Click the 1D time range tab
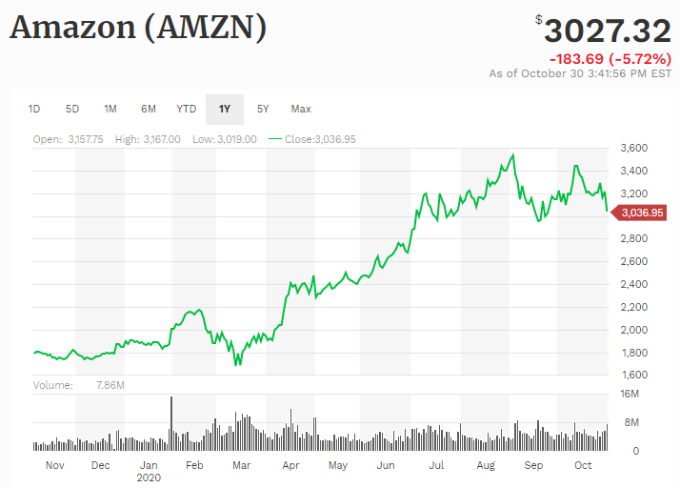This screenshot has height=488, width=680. coord(34,109)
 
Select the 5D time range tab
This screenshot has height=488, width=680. coord(72,109)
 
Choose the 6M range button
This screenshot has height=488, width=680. coord(149,109)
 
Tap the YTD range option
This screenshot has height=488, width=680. coord(187,109)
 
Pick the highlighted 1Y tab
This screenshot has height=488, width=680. coord(225,109)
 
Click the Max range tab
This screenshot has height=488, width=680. coord(301,109)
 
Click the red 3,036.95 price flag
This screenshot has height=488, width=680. coord(641,213)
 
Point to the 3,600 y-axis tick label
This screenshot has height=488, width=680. coord(634,148)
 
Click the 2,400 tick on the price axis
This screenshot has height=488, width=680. coord(634,284)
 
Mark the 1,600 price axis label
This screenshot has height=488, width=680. coord(634,375)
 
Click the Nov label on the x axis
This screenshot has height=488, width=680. coord(54,465)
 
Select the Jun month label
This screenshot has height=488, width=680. coord(387,465)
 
